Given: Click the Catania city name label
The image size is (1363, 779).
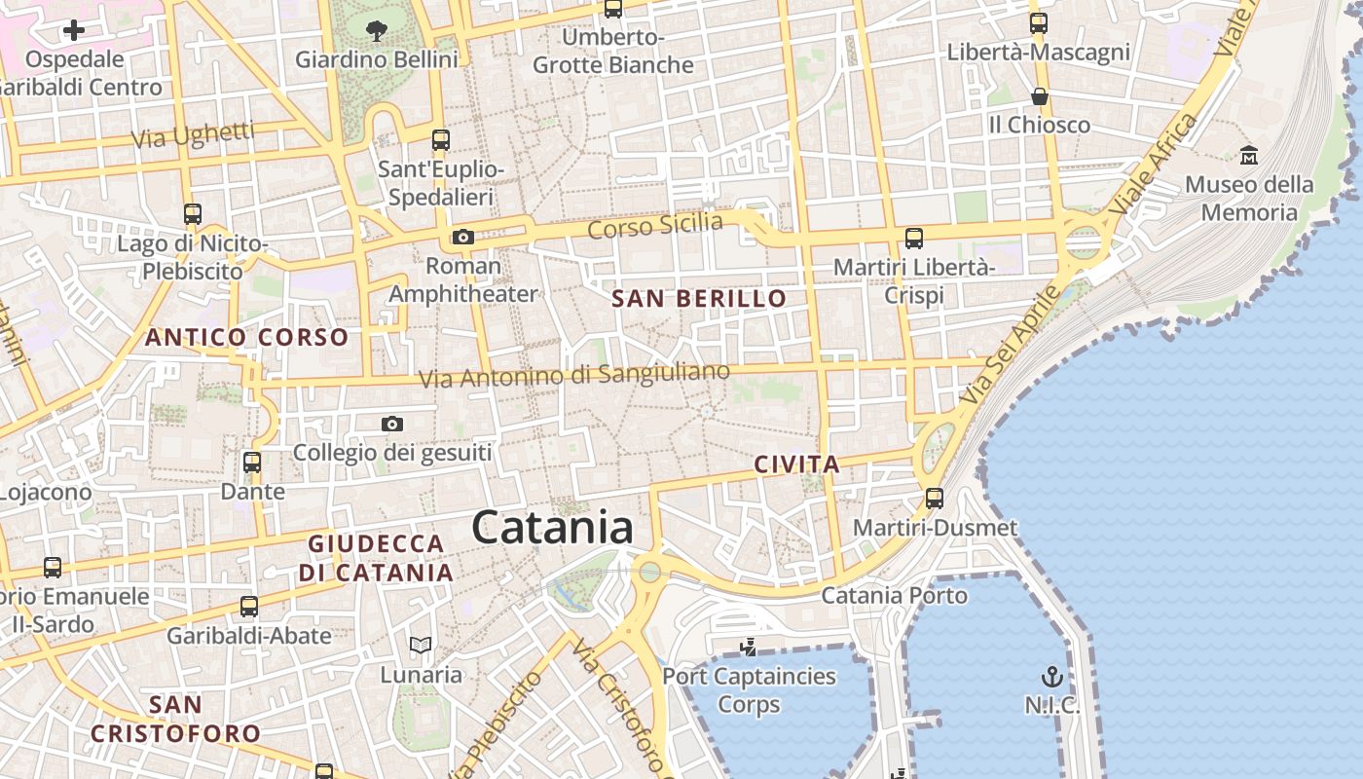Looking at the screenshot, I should (552, 528).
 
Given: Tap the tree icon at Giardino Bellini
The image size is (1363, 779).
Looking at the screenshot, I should (377, 30).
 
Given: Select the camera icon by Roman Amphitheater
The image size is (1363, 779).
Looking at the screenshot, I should (463, 237).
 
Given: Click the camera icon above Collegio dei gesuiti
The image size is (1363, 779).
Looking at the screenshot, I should (392, 424).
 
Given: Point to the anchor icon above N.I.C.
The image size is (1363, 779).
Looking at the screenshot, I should (1051, 676).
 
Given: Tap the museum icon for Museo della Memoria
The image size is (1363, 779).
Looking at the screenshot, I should (1249, 155).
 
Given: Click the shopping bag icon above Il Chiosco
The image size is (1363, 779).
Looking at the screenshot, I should (1040, 96).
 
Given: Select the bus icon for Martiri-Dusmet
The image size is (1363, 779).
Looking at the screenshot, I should (935, 499).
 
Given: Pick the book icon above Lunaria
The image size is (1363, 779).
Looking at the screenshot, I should (421, 645).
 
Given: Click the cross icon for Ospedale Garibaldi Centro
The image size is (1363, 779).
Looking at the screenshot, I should (74, 30).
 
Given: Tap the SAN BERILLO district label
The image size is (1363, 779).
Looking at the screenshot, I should (699, 299).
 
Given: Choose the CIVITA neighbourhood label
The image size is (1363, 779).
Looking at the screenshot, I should (796, 464).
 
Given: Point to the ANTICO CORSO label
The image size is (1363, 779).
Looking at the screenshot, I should (246, 338).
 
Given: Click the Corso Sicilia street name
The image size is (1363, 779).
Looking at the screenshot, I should (655, 226).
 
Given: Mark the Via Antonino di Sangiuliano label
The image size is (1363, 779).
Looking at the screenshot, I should (574, 375).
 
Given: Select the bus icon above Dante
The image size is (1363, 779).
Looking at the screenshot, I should (252, 463).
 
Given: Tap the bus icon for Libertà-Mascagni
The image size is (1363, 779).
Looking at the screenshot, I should (1039, 23).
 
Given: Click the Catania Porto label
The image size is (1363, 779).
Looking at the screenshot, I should (895, 595).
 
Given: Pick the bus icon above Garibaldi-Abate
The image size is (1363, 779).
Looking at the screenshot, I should (249, 607).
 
